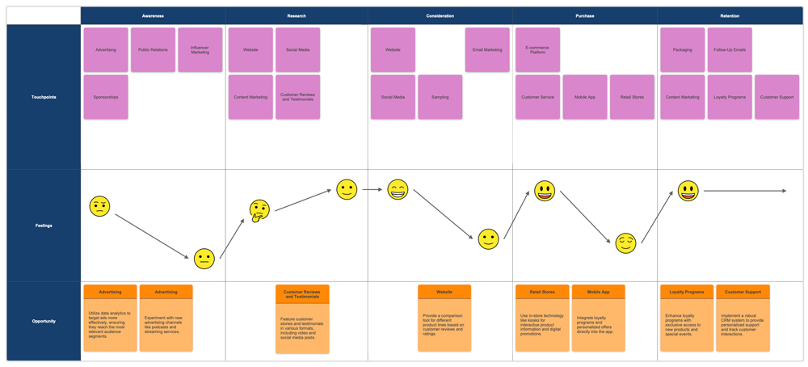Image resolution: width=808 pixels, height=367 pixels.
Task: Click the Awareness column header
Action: [x=153, y=16]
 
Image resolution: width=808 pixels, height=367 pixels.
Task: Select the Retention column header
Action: [x=730, y=16]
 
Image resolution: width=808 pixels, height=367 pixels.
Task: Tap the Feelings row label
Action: [x=44, y=226]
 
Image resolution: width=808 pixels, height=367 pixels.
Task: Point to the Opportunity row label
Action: [x=44, y=321]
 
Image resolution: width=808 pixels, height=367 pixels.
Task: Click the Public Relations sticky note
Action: [x=153, y=50]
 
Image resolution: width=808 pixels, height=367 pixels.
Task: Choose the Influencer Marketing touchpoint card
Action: [x=200, y=50]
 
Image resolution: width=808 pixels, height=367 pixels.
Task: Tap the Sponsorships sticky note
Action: [x=106, y=97]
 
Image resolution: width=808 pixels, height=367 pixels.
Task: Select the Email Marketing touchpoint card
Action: [x=487, y=50]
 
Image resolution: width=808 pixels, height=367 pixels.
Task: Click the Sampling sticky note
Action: [x=440, y=97]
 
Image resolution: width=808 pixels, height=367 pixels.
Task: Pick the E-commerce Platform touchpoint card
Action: [x=537, y=50]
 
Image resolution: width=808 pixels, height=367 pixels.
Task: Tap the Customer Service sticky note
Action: [x=537, y=97]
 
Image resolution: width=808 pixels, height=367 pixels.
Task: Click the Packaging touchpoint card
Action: [x=683, y=50]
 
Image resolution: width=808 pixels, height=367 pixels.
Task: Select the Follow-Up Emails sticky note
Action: [x=730, y=50]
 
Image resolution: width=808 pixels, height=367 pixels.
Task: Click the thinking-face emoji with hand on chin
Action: [x=259, y=211]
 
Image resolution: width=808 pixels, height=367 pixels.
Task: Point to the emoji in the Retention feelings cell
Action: [x=688, y=192]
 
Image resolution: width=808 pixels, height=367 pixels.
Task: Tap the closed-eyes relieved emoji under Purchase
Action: [x=625, y=243]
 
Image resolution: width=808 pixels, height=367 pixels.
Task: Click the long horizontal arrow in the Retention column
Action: [x=743, y=192]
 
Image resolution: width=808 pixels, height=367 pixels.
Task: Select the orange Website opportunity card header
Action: [x=444, y=292]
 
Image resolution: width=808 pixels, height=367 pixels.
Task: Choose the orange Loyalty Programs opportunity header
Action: [x=687, y=292]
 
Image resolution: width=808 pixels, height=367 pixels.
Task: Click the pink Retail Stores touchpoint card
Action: [x=632, y=97]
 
